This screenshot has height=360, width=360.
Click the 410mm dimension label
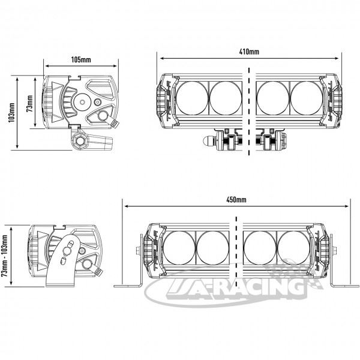point(249,52)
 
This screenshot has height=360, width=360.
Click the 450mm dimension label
point(236,200)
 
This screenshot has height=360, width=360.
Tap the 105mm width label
point(81,59)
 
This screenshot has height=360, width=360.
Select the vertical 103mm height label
point(12,113)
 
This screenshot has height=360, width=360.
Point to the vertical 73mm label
point(29,103)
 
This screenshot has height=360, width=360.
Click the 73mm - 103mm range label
point(5,256)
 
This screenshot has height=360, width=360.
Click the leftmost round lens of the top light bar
point(192,98)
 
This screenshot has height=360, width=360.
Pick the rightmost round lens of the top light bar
point(307,98)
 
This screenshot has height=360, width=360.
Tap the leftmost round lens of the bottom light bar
point(179,248)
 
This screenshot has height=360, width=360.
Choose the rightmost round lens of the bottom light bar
point(293,248)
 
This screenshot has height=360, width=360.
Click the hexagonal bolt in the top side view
point(80,140)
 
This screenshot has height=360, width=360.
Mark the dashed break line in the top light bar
point(249,112)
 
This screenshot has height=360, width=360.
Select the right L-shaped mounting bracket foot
point(344,286)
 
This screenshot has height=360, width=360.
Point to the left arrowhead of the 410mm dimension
point(162,58)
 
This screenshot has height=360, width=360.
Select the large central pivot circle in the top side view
point(82,102)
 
